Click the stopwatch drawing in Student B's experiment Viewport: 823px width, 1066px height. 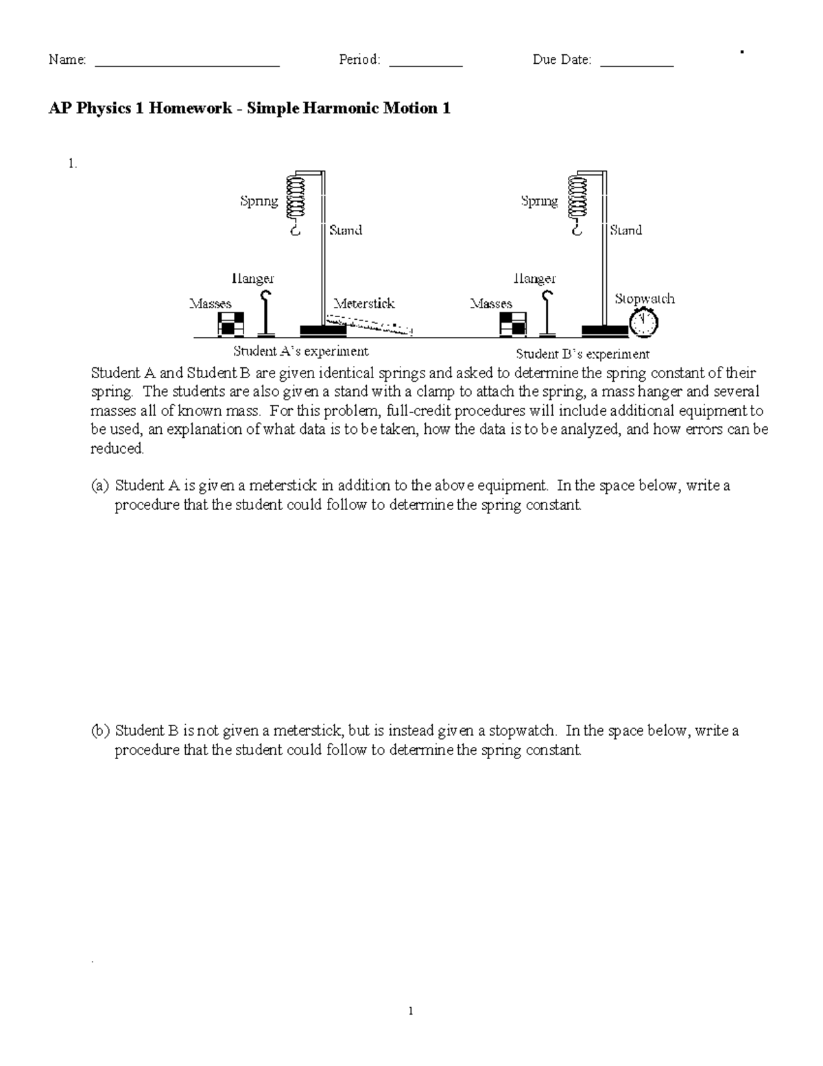tap(643, 323)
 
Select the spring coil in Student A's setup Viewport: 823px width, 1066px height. tap(296, 197)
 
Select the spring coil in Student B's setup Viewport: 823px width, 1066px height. tap(577, 197)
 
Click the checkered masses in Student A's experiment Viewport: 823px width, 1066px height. tap(230, 324)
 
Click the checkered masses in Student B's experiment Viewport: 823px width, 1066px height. tap(513, 324)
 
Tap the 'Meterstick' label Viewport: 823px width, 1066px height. tap(364, 303)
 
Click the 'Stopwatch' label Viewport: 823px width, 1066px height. tap(645, 299)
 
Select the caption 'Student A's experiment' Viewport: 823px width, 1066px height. tap(301, 351)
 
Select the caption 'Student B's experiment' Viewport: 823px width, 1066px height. tap(582, 354)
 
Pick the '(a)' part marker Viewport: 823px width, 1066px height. tap(100, 486)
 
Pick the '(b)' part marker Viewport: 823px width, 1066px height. tap(100, 730)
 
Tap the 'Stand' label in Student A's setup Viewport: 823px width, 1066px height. tap(346, 230)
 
